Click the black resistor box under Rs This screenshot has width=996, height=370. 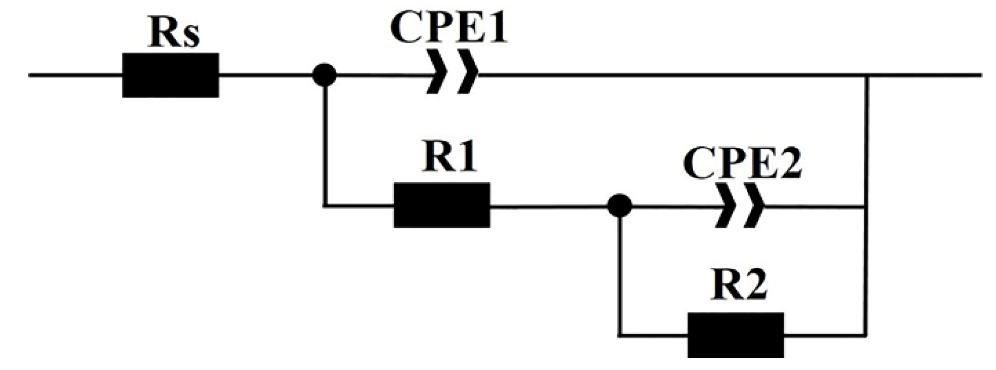[170, 75]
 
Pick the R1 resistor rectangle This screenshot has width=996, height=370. [442, 205]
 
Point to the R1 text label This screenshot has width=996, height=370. [449, 158]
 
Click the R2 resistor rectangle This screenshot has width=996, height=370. [736, 335]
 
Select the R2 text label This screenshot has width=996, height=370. [739, 285]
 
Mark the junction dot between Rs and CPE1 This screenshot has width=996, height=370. [324, 75]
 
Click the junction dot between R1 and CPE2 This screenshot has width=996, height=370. [619, 206]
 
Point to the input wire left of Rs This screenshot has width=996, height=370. [76, 75]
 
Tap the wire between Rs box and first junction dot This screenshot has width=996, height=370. [265, 75]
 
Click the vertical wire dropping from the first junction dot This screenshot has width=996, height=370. [324, 147]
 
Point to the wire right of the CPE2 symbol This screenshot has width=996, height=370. [814, 206]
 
